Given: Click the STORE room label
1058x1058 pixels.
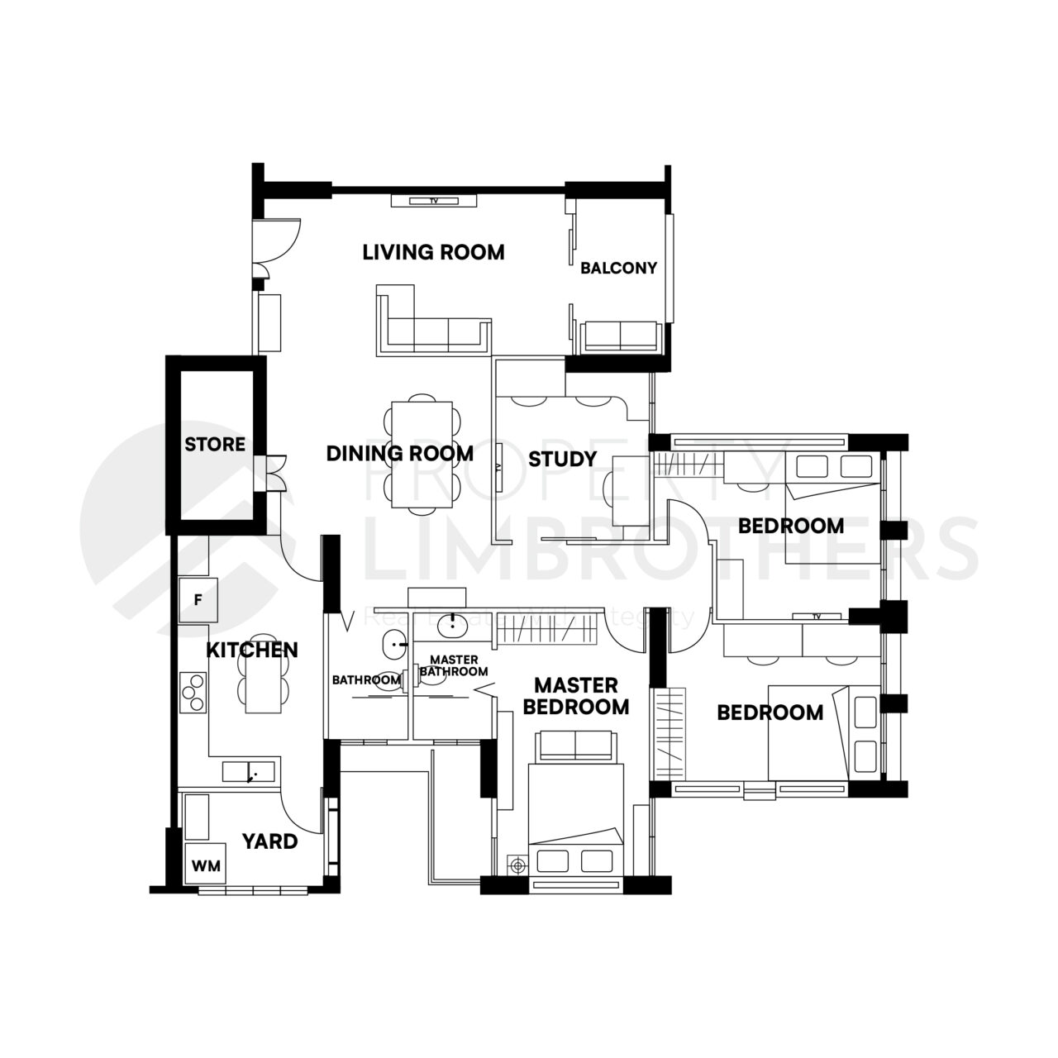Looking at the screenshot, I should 215,445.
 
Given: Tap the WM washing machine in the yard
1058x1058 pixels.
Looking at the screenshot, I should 206,865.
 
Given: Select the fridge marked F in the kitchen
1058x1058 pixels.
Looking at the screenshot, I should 198,599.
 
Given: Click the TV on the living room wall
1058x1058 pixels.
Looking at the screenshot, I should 433,200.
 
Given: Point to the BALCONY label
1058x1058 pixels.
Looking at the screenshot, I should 618,268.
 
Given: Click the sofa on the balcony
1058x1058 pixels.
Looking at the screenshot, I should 621,336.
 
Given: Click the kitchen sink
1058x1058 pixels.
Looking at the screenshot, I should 252,772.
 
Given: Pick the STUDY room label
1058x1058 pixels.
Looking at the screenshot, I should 562,459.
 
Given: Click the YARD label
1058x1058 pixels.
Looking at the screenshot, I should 269,841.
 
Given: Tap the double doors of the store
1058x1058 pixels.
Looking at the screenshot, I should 274,473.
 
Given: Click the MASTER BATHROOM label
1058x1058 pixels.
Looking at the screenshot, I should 454,665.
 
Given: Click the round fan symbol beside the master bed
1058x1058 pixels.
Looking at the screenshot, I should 518,865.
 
